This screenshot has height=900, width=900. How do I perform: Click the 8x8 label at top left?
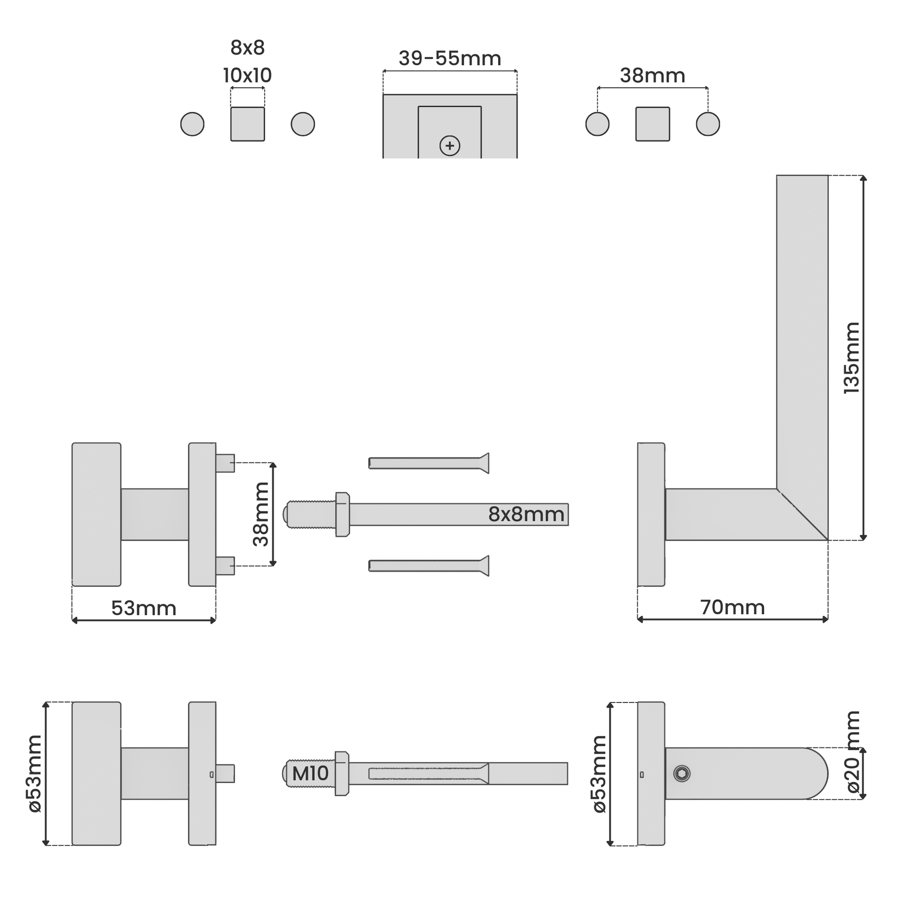247,48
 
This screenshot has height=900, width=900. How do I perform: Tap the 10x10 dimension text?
247,75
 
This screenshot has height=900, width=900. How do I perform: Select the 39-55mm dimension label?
450,59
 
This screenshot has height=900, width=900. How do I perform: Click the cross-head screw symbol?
450,146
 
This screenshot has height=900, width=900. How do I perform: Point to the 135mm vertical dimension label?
851,358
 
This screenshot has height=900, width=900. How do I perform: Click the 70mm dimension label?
732,607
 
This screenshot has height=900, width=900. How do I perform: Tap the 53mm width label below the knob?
143,608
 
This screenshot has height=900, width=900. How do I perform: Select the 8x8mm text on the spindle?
526,514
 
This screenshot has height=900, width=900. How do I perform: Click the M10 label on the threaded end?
310,774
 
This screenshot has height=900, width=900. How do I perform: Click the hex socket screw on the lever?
682,774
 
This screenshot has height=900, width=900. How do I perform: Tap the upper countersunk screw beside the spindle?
429,463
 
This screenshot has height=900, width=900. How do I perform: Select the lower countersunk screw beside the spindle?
429,566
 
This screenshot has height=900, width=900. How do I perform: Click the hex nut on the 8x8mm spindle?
342,514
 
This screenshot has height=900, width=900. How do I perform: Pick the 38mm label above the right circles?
652,76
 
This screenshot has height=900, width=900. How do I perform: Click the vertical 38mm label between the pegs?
261,514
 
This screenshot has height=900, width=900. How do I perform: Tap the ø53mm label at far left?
35,774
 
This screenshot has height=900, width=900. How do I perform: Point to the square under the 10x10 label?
247,124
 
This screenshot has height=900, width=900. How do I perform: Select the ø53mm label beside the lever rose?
599,774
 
